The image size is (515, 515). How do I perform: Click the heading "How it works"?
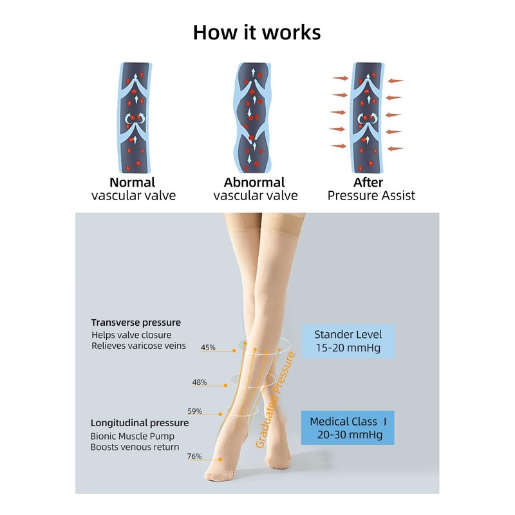257,32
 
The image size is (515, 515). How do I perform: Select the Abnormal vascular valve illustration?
256,115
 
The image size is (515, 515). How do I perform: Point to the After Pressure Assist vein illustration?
368,115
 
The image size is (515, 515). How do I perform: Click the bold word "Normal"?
132,182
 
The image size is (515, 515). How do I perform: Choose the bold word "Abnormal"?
256,182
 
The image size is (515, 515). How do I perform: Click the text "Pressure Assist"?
371,196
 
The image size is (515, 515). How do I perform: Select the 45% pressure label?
208,348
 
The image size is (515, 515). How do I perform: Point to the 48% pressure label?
200,382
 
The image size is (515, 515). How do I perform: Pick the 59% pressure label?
195,411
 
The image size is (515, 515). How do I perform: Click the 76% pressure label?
194,456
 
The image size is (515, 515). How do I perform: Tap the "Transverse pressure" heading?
136,322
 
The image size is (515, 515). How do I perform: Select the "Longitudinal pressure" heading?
140,423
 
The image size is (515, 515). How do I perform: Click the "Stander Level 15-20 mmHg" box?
348,341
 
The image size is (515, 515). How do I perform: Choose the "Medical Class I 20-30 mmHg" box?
348,428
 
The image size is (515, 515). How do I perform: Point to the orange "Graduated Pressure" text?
275,400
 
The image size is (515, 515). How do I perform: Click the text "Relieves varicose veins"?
138,346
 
